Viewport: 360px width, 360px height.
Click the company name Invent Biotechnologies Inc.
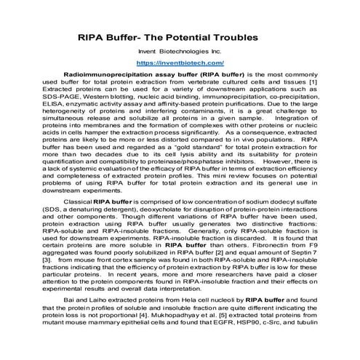(x=179, y=52)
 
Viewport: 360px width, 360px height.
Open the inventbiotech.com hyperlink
(x=180, y=63)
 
